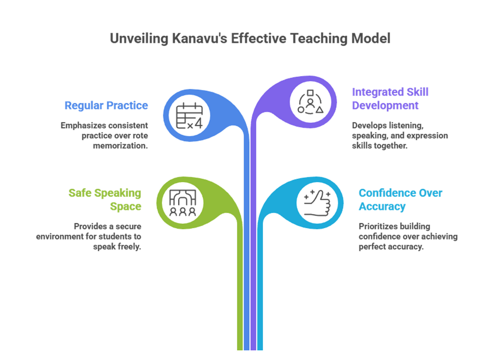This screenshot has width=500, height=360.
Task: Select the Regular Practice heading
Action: coord(106,106)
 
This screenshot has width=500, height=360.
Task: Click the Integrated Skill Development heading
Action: coord(390,99)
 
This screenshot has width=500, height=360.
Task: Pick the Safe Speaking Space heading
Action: coord(105,200)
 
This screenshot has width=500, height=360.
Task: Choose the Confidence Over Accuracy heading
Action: coord(400,200)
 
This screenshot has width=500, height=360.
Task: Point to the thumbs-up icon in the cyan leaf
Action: coord(316,201)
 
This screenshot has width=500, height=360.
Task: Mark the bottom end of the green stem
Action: coord(240,349)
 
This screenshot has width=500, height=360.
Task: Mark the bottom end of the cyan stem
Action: coord(260,349)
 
